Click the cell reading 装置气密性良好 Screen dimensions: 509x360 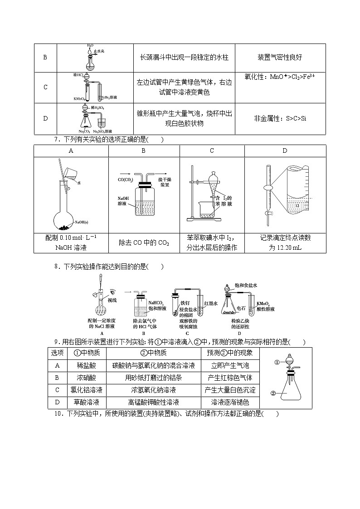point(280,58)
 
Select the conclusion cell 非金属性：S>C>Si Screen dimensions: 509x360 point(280,118)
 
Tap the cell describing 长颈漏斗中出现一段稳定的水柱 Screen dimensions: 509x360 point(184,58)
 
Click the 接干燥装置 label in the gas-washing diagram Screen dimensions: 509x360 point(164,182)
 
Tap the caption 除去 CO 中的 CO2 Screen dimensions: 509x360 point(144,243)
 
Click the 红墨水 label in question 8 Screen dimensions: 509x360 point(211,303)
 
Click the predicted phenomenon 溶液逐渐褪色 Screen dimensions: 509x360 point(230,402)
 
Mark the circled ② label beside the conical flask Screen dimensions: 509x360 point(273,393)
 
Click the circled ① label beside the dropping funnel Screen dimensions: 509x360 point(277,362)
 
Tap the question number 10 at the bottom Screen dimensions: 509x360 point(58,413)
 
